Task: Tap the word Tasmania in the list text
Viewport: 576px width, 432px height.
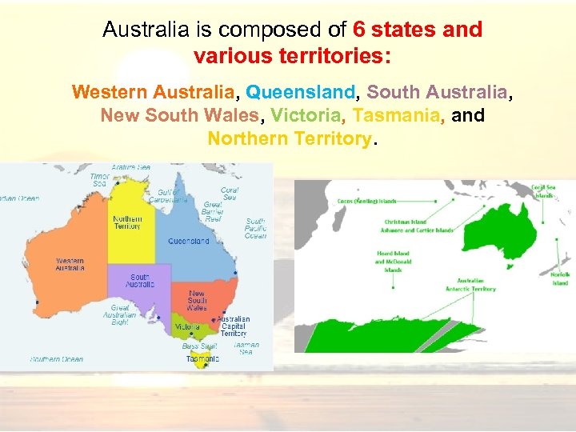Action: (x=395, y=115)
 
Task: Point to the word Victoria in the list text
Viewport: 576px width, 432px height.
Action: (x=306, y=115)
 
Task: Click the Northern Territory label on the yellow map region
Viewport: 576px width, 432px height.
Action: (x=127, y=222)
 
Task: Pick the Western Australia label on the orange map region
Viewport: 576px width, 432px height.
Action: (x=70, y=265)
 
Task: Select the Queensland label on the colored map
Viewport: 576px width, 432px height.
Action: (x=188, y=241)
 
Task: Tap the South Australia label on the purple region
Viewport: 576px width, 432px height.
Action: (x=140, y=281)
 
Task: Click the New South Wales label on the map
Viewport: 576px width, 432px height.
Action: (x=196, y=301)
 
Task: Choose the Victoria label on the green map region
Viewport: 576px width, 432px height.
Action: (x=187, y=326)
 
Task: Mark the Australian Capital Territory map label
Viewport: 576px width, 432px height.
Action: (x=234, y=326)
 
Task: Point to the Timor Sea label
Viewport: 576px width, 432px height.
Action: (x=100, y=180)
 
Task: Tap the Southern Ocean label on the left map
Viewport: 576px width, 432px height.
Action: (x=57, y=359)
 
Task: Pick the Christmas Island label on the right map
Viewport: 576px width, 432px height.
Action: (x=406, y=222)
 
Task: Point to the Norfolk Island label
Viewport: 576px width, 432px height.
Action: (x=560, y=278)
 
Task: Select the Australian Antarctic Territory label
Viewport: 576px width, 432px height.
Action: (x=476, y=285)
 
